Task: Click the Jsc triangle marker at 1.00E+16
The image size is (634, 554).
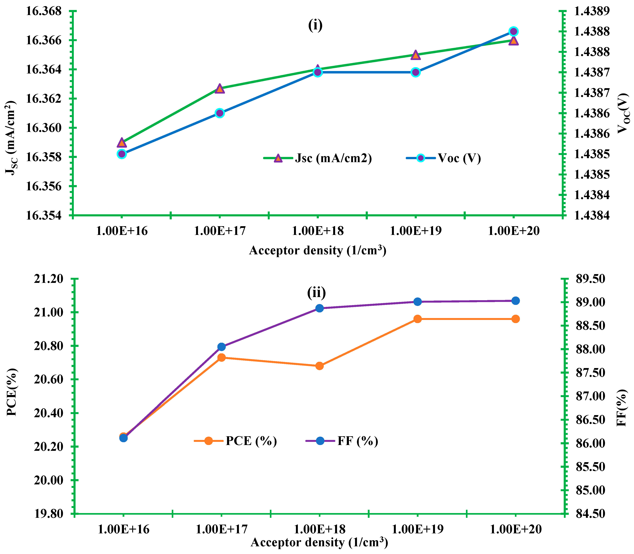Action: point(122,143)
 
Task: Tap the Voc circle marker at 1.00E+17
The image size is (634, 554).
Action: point(219,113)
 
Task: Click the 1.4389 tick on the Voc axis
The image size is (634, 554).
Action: point(592,11)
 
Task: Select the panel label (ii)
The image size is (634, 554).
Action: point(316,292)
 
